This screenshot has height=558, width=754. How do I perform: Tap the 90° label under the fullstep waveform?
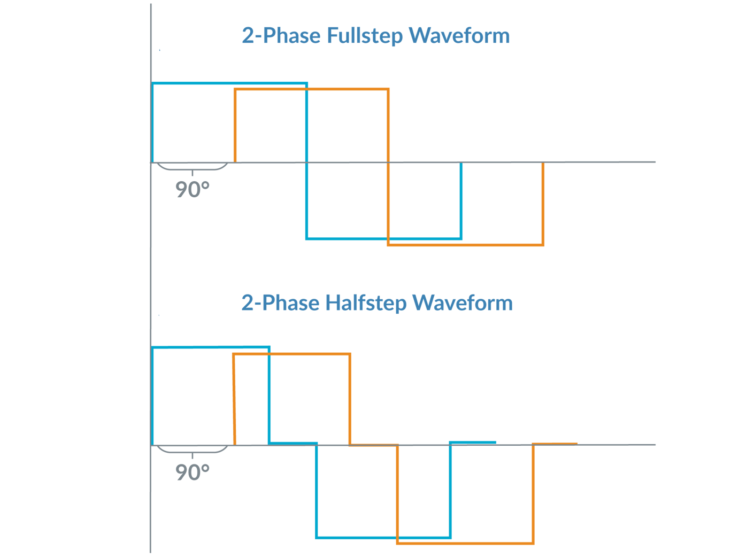click(192, 190)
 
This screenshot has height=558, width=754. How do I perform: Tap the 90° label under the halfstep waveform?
click(192, 472)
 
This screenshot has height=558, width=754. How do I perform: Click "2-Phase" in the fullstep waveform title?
click(281, 36)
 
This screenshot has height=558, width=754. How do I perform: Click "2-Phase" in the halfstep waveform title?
click(281, 303)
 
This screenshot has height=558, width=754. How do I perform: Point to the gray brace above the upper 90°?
click(192, 168)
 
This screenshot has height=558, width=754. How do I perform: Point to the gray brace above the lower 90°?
click(192, 451)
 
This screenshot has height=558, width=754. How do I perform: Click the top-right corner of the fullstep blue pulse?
click(307, 84)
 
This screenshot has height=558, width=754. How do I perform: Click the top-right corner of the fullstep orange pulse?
click(388, 89)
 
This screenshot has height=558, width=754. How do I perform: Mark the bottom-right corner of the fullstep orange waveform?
click(543, 245)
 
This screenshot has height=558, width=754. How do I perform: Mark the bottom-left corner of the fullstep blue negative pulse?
click(307, 238)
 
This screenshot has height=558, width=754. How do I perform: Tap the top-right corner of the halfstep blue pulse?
click(269, 348)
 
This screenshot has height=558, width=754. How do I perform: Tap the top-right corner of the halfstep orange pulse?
click(350, 354)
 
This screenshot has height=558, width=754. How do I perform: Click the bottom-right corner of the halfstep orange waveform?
click(533, 543)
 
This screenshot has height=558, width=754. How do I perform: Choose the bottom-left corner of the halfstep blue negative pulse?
click(317, 537)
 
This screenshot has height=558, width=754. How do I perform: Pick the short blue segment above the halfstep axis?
click(473, 442)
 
